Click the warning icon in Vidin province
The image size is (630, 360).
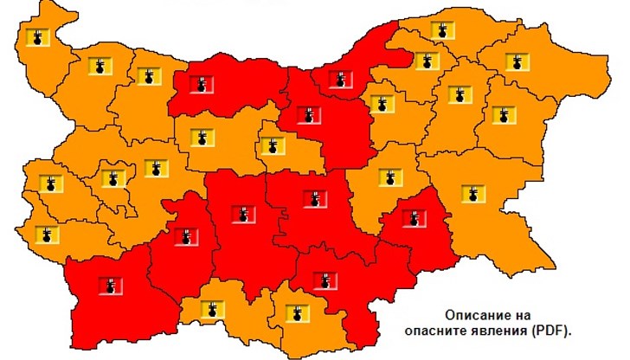click(36, 37)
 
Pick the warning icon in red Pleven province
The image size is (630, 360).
click(201, 84)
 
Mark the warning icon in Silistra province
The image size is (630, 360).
click(442, 30)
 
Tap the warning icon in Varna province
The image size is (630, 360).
click(501, 113)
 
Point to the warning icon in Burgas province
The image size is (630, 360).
click(472, 193)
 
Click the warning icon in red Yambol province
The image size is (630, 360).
click(416, 218)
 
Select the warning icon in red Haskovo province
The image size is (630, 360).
click(325, 280)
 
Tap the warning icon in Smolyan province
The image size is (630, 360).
click(212, 307)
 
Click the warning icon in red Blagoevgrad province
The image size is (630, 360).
click(109, 285)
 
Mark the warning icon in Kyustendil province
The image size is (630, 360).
click(43, 233)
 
